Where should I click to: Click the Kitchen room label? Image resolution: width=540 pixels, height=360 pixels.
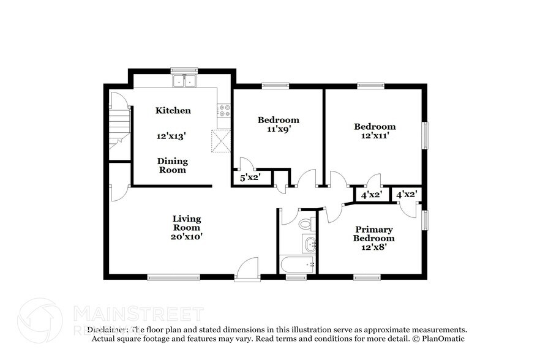(x=173, y=111)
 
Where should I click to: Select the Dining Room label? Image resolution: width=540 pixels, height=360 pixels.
(x=173, y=165)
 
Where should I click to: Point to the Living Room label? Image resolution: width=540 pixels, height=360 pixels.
(x=186, y=223)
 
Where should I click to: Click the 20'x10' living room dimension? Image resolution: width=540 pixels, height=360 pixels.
(x=186, y=236)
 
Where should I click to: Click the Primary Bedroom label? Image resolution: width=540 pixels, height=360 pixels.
(x=373, y=234)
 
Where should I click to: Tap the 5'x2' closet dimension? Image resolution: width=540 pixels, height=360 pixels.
(x=250, y=178)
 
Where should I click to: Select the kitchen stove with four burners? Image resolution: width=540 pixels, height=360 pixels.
(x=224, y=111)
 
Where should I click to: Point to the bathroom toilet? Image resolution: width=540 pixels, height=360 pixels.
(x=306, y=223)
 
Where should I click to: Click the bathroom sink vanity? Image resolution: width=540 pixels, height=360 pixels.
(x=309, y=244)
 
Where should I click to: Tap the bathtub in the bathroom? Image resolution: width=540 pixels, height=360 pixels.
(x=297, y=264)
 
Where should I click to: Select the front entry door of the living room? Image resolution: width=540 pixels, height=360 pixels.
(x=248, y=269)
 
